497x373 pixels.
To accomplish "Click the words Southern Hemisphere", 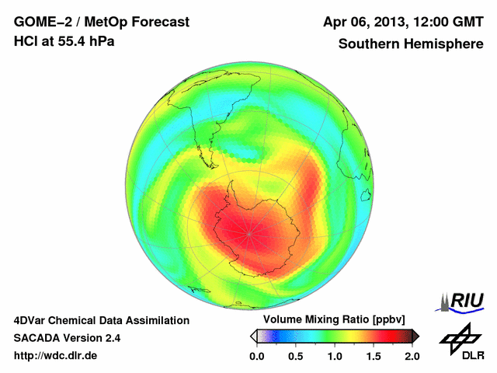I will [x=410, y=44].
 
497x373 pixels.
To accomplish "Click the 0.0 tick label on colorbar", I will [x=257, y=356].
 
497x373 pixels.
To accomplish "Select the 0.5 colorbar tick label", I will [x=296, y=356].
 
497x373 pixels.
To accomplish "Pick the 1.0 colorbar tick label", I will [x=335, y=356].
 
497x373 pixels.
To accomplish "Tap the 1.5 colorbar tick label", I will [x=374, y=356].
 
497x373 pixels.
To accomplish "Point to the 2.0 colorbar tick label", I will [x=412, y=356].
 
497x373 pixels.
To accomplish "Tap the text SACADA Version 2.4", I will [x=67, y=338].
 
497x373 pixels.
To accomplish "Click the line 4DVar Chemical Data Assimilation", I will [x=101, y=320].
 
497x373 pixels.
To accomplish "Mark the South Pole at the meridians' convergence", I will [x=248, y=232].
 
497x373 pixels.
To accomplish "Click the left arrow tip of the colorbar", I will [x=252, y=336].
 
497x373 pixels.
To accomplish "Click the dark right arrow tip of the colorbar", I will [x=415, y=336].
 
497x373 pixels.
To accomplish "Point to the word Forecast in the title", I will [x=156, y=22].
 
